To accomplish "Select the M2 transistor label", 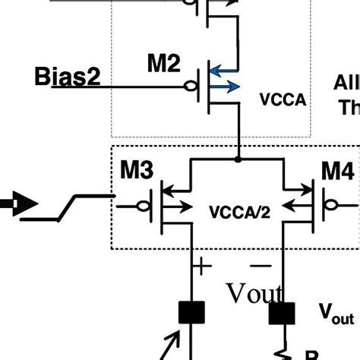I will (164, 65).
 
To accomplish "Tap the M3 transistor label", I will (137, 172).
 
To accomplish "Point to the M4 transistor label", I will (336, 172).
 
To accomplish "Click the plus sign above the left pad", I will (201, 266).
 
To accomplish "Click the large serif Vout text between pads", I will (254, 293).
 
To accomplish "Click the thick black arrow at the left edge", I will (13, 204).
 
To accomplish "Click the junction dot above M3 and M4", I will (239, 159).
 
